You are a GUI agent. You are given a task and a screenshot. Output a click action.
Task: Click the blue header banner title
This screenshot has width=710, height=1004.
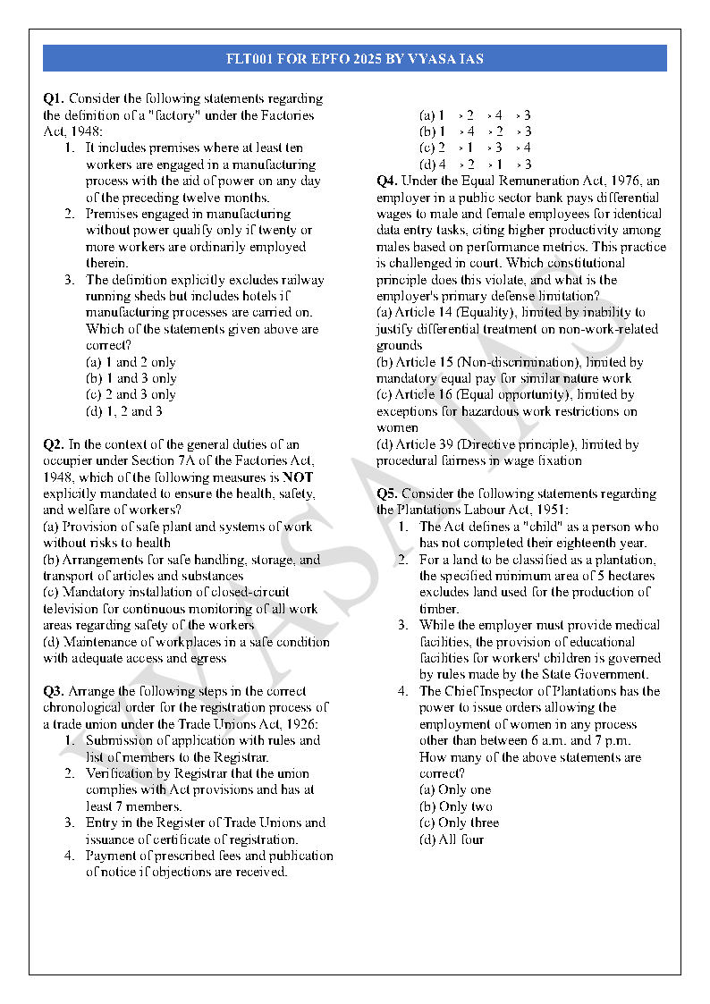pos(355,59)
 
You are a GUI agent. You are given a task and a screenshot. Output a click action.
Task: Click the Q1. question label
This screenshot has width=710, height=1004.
pos(54,98)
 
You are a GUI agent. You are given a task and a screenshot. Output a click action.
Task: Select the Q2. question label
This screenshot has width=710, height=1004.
pos(54,444)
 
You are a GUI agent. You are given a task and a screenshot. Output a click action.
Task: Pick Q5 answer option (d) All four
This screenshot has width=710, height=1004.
pos(452,839)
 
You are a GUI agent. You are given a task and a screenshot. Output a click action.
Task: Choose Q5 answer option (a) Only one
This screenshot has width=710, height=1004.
pos(455,789)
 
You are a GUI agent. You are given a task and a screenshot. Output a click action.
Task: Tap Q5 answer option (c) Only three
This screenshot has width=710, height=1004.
pos(459,823)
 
